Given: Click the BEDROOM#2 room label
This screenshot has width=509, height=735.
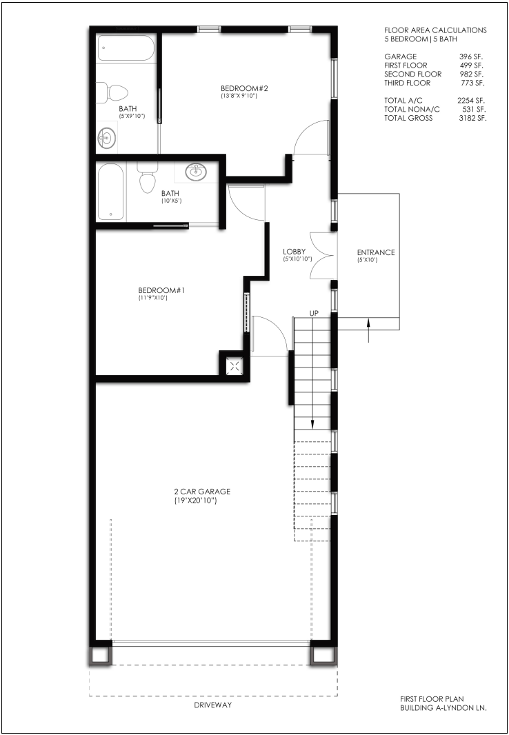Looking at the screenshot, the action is click(x=243, y=88).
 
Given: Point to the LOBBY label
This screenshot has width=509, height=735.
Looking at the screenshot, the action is click(x=295, y=252).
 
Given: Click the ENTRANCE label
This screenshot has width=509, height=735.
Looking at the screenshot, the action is click(x=376, y=252).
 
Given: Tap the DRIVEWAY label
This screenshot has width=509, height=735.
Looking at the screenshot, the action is click(x=214, y=705).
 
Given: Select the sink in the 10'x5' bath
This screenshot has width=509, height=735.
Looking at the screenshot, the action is click(x=196, y=172).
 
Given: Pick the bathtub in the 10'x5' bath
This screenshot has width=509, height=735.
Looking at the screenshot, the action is click(x=110, y=192).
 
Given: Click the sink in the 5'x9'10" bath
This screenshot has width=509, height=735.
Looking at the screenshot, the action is click(x=107, y=139).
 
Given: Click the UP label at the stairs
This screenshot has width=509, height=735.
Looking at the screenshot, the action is click(x=314, y=312).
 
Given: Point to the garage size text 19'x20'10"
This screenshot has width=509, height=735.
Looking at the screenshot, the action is click(x=195, y=501).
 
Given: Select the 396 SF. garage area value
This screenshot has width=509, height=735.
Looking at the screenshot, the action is click(x=472, y=57).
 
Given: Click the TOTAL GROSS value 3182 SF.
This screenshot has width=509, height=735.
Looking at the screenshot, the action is click(x=472, y=118).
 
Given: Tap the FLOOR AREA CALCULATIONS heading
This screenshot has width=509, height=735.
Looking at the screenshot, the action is click(x=435, y=30).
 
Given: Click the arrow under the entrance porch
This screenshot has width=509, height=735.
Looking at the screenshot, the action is click(x=368, y=330).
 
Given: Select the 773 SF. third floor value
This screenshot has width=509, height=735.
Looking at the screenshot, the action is click(x=473, y=83).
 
